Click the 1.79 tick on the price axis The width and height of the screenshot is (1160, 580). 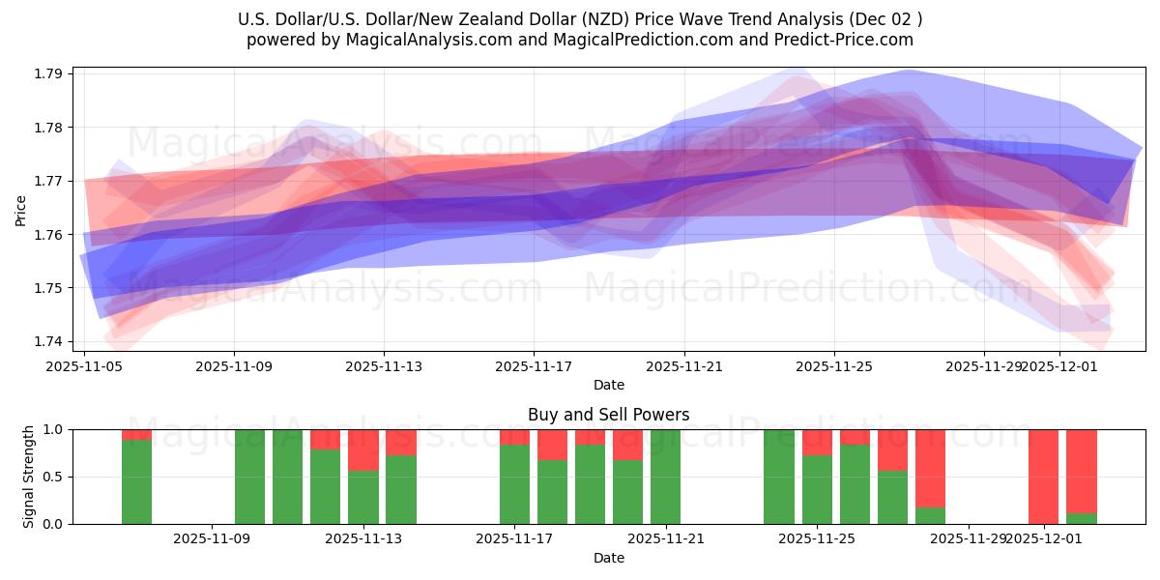coord(49,74)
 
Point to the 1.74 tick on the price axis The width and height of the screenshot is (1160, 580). coord(49,341)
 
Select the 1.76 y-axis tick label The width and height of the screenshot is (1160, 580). coord(49,235)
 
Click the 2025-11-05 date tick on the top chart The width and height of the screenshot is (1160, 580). coord(84,366)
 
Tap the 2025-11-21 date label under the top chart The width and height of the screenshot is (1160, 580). coord(684,366)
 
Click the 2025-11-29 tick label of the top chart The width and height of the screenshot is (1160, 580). coord(983,366)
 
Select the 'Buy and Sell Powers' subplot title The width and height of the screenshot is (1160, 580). coord(608,415)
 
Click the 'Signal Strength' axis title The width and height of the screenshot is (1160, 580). coord(29,476)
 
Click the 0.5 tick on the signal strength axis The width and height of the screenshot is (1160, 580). coord(53,477)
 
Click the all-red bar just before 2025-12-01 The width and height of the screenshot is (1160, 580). coord(1043,477)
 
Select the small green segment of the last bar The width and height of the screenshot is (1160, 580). coord(1081,518)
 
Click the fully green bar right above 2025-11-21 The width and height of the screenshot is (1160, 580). coord(665,477)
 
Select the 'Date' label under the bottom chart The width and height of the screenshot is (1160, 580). coord(608,558)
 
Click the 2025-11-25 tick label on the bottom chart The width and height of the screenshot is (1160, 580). coord(817,539)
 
